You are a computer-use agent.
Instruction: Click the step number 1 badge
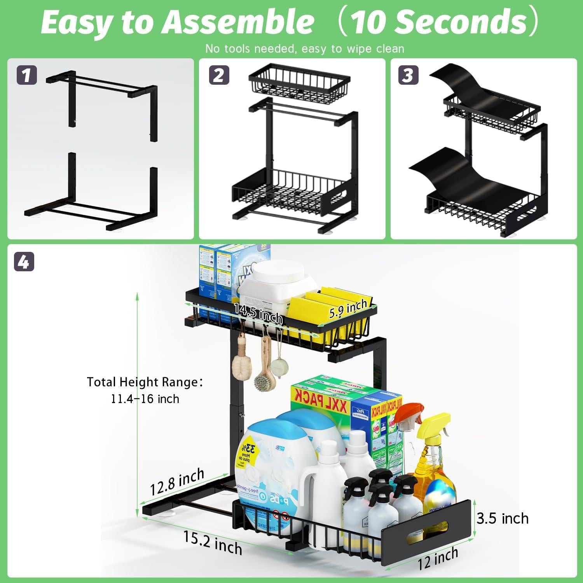(26, 75)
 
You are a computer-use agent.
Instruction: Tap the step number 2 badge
(219, 75)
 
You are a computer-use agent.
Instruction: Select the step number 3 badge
(408, 75)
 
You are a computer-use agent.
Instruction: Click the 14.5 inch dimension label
(258, 313)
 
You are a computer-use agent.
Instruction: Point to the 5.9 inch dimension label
(348, 309)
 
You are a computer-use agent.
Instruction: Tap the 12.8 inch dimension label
(177, 482)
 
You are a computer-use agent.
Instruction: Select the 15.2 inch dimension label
(213, 543)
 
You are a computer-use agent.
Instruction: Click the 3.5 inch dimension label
(503, 518)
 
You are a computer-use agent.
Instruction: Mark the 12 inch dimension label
(438, 559)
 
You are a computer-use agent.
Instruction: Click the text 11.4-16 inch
(145, 399)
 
